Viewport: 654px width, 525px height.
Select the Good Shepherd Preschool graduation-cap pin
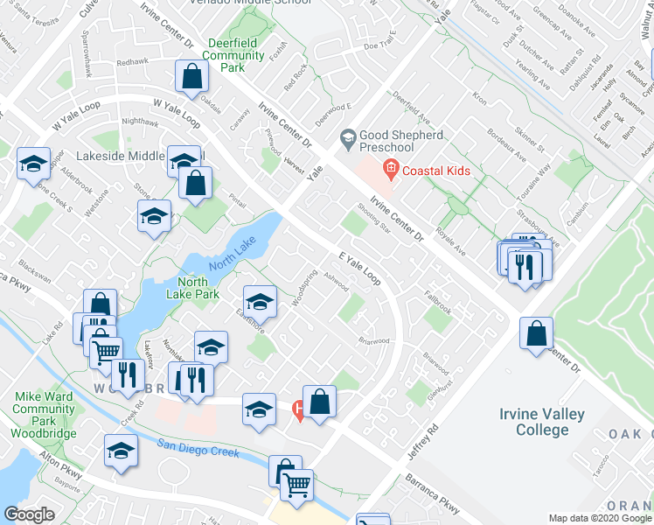pyautogui.click(x=348, y=137)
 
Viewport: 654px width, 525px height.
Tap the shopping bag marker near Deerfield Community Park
pyautogui.click(x=191, y=76)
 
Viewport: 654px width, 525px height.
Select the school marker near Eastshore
pyautogui.click(x=260, y=302)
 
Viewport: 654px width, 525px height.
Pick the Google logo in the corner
pyautogui.click(x=29, y=514)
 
